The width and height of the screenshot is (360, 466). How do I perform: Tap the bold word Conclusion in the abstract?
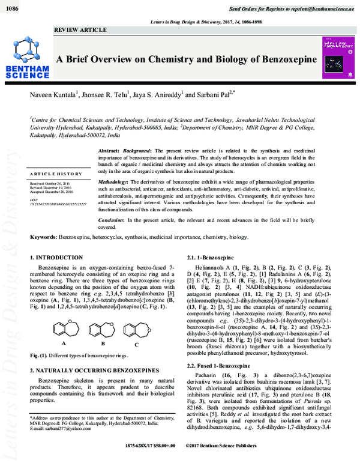point(112,221)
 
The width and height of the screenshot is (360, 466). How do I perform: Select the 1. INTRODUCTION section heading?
point(56,258)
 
